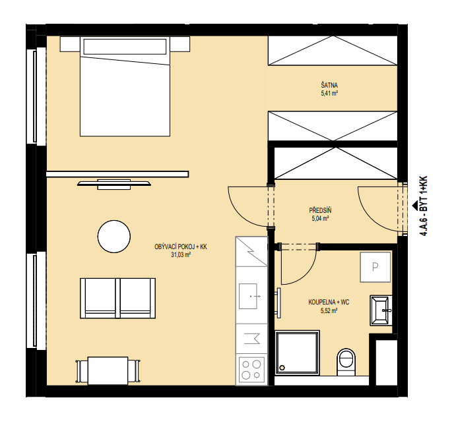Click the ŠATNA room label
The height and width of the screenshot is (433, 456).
tap(329, 86)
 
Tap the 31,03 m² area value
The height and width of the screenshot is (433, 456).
tap(181, 255)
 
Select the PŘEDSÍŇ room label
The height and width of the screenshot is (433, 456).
tap(320, 210)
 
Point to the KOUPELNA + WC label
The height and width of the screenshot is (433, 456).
tap(329, 303)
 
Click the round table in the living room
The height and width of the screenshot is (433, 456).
tap(114, 237)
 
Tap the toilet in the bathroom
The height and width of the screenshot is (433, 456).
tap(346, 362)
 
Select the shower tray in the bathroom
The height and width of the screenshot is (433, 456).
tap(297, 353)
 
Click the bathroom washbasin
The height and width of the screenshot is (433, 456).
tap(381, 310)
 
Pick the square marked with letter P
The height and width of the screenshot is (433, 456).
tap(375, 267)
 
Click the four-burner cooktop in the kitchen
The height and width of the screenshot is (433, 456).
tap(251, 370)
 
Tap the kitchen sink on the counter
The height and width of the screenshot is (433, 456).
tap(248, 296)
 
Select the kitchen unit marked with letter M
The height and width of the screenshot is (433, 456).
tap(251, 339)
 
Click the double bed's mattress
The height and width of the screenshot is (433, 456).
tap(125, 96)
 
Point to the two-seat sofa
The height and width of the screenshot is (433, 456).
tap(117, 299)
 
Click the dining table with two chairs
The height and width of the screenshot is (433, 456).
tap(108, 371)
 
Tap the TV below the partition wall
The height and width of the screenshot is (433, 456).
tap(114, 184)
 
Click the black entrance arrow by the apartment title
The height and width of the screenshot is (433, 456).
tap(415, 206)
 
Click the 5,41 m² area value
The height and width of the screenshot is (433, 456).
tap(329, 94)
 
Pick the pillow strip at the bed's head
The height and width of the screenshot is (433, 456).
tap(125, 47)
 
